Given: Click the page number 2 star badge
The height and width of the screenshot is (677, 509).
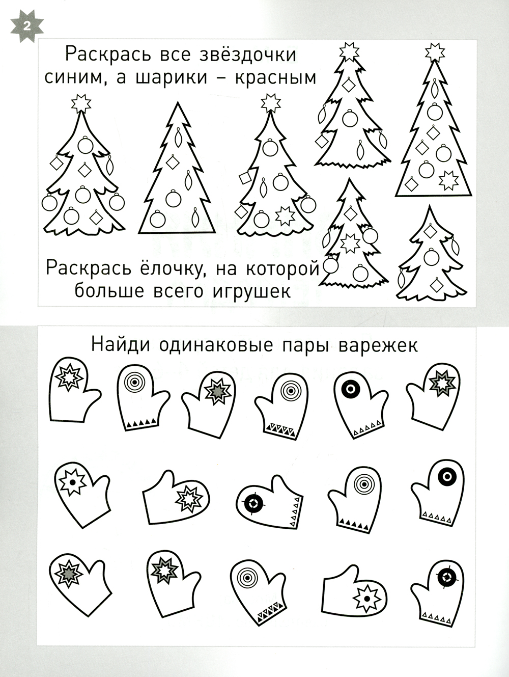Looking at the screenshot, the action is pos(27,26).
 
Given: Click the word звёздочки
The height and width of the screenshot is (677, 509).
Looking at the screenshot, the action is pos(248,55).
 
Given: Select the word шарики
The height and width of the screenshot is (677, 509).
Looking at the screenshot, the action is pos(172,78).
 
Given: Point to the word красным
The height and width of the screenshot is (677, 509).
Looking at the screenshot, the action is pos(276,78).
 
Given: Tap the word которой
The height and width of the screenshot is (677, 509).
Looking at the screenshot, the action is pos(283,268).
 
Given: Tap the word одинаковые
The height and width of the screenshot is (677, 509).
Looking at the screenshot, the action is pos(216,345).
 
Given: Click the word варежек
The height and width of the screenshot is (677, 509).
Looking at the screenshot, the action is pos(378,346).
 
